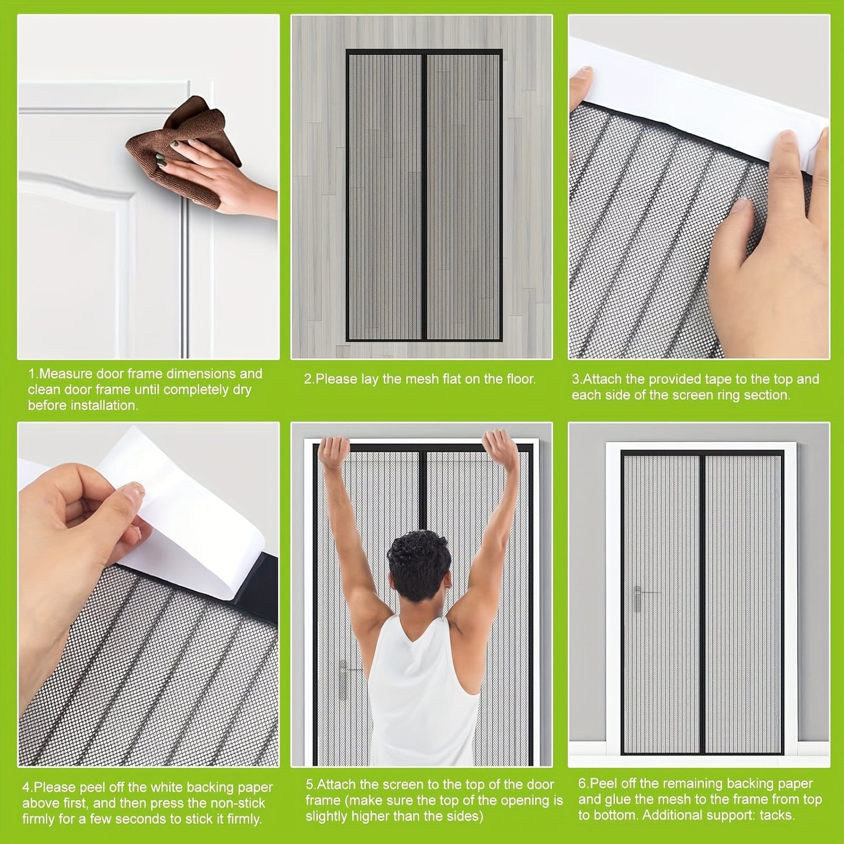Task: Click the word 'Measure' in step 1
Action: click(66, 374)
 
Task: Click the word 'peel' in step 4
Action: click(97, 787)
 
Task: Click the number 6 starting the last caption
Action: click(581, 783)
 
